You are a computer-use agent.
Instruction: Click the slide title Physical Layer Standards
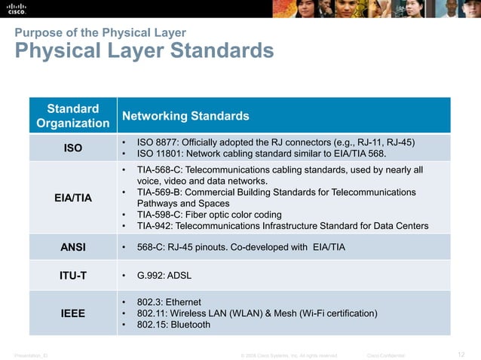tap(143, 51)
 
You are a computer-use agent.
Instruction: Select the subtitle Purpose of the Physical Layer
tap(100, 32)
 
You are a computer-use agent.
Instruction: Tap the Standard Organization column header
tap(73, 115)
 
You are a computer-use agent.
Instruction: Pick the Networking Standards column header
tap(185, 116)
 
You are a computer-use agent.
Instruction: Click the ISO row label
tap(73, 148)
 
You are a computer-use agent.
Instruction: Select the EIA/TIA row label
tap(73, 198)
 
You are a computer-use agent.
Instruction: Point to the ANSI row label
tap(73, 247)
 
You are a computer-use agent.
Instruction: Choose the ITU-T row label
tap(73, 276)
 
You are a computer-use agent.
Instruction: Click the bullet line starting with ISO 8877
tap(276, 142)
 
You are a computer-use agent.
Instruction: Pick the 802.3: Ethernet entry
tap(169, 301)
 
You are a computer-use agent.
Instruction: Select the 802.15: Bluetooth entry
tap(173, 325)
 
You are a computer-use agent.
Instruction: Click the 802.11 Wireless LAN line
tap(257, 313)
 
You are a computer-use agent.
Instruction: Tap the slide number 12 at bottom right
tap(461, 354)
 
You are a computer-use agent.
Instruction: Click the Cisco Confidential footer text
tap(385, 355)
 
